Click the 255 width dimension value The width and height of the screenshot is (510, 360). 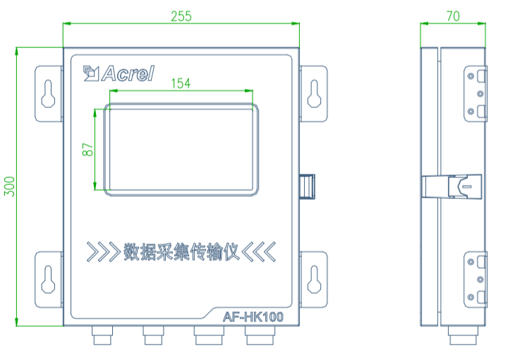[x=181, y=16]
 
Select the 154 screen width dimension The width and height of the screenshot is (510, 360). [x=181, y=83]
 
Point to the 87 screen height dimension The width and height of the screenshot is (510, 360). [x=87, y=150]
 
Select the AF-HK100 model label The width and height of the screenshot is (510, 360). [x=253, y=317]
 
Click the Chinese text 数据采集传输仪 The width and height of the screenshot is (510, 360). [x=181, y=251]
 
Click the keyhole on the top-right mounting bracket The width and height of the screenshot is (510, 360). [x=315, y=94]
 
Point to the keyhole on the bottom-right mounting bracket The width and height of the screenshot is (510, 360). [x=315, y=279]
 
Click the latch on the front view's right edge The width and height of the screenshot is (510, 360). [x=308, y=186]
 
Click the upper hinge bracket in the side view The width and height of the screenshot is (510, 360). [x=477, y=93]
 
